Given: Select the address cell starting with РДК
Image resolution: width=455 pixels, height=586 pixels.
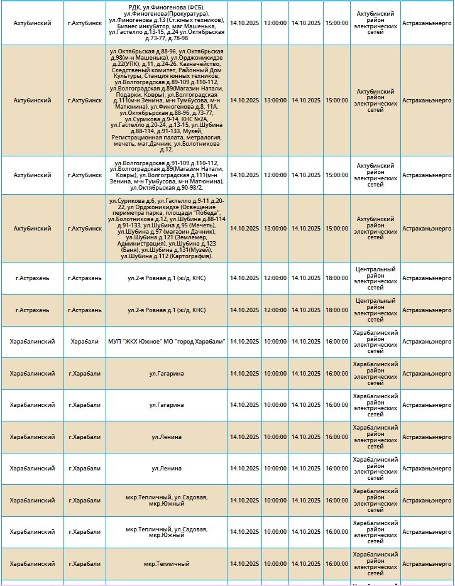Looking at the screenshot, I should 167,23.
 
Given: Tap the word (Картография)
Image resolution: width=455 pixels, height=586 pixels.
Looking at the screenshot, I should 190,256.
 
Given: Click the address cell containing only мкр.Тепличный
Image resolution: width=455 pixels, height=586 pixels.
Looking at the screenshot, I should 167,564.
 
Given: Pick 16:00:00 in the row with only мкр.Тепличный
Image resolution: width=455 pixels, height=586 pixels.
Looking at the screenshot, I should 336,564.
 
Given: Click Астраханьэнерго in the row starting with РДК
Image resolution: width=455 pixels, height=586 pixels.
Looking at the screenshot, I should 427,23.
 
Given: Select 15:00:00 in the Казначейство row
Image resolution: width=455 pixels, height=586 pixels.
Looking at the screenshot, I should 336,100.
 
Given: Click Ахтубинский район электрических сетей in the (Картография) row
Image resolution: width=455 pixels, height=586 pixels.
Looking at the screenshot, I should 375,229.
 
